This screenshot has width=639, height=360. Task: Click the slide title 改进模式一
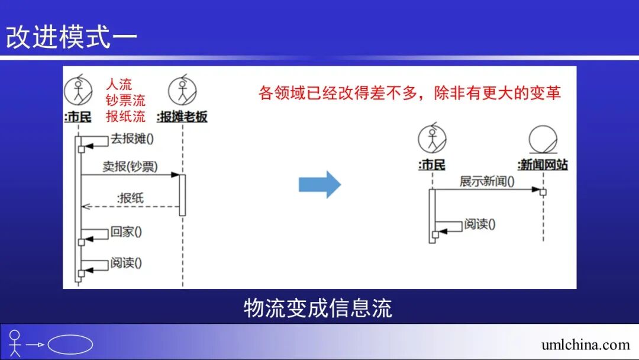pyautogui.click(x=72, y=37)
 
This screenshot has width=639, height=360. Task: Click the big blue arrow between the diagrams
pyautogui.click(x=319, y=184)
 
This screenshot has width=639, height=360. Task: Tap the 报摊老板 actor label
pyautogui.click(x=183, y=117)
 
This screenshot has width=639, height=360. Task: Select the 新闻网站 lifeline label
pyautogui.click(x=543, y=165)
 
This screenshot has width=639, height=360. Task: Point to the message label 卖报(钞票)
pyautogui.click(x=130, y=167)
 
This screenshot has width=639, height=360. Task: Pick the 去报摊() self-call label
pyautogui.click(x=132, y=139)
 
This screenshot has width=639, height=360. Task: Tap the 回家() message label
pyautogui.click(x=126, y=232)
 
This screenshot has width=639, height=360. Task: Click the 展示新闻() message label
pyautogui.click(x=487, y=181)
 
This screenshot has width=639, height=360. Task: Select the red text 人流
pyautogui.click(x=119, y=85)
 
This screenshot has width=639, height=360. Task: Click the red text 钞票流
pyautogui.click(x=125, y=100)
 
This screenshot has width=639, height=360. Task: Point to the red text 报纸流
pyautogui.click(x=125, y=115)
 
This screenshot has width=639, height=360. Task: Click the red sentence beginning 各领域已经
pyautogui.click(x=409, y=93)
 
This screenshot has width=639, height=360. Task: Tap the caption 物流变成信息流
pyautogui.click(x=318, y=308)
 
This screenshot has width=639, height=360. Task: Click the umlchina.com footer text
pyautogui.click(x=585, y=344)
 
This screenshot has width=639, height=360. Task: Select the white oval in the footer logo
pyautogui.click(x=70, y=345)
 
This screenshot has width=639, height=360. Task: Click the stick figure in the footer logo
pyautogui.click(x=15, y=343)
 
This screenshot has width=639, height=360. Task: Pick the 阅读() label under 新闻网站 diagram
pyautogui.click(x=479, y=224)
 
